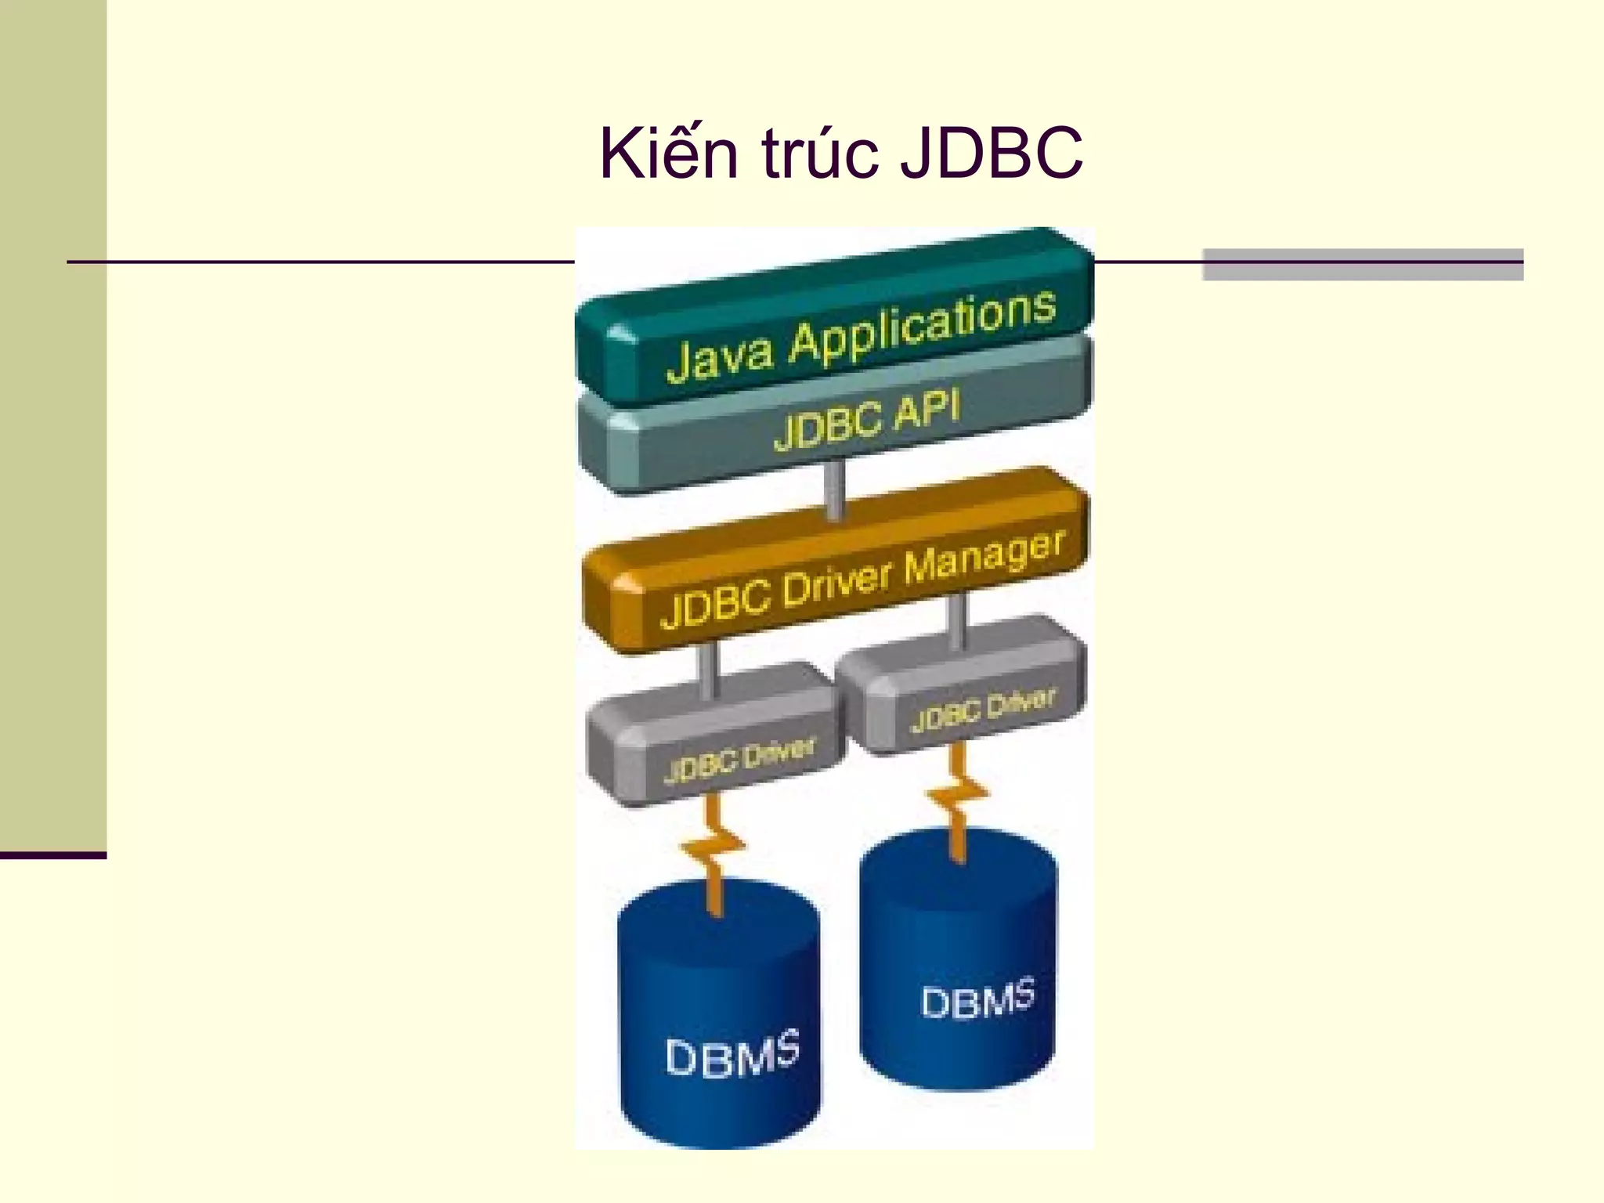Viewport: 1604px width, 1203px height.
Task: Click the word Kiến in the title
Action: tap(669, 154)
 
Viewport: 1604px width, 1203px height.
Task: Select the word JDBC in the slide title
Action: tap(991, 154)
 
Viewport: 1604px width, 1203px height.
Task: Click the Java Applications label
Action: tap(860, 338)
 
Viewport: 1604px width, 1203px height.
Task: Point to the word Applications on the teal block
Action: tap(922, 327)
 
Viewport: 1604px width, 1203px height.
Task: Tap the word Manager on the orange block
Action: tap(984, 556)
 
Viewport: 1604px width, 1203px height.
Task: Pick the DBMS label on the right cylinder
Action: tap(977, 1000)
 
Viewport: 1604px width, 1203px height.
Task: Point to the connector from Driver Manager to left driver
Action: tap(709, 670)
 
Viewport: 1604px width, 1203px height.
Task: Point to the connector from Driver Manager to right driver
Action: tap(957, 620)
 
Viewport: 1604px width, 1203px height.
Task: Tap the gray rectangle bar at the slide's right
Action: tap(1362, 265)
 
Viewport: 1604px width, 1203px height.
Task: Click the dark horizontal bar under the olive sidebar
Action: tap(52, 855)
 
